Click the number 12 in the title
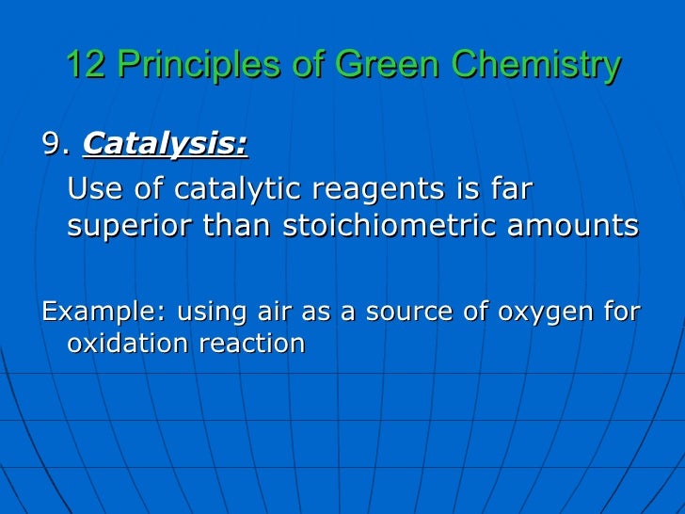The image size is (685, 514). [x=82, y=65]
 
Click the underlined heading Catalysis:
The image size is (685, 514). [x=166, y=145]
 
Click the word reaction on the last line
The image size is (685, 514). [x=251, y=344]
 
